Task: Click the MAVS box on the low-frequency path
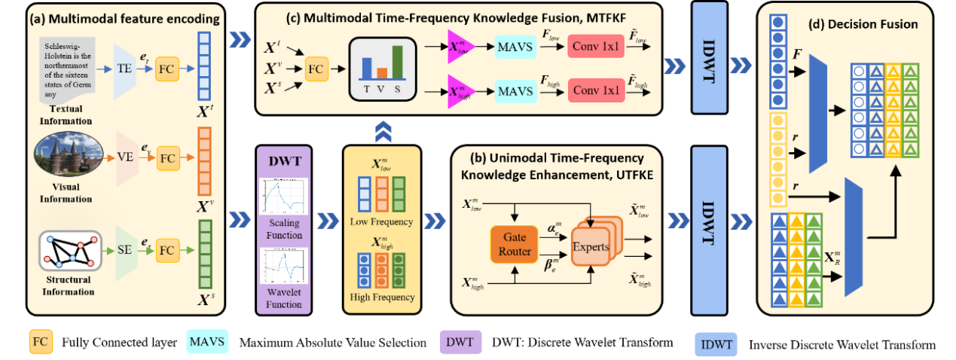[515, 47]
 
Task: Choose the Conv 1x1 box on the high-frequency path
[597, 91]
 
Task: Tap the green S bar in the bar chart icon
[397, 62]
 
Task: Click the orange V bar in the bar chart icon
[382, 72]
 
